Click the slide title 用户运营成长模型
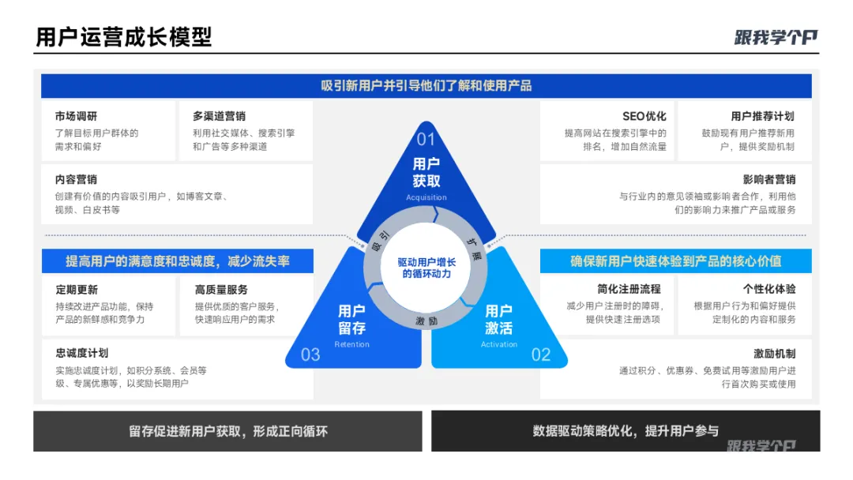coord(124,36)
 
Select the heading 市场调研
coord(77,116)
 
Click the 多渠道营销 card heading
coord(219,116)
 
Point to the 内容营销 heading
coord(77,179)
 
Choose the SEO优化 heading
coord(644,116)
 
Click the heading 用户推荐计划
coord(762,116)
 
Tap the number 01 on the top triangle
coord(426,140)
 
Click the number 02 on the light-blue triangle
coord(540,354)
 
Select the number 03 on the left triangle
coord(310,354)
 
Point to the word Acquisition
coord(426,197)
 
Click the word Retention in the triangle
coord(351,344)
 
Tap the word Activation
coord(499,344)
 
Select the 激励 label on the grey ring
coord(426,321)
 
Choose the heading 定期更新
coord(77,289)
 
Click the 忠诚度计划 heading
coord(82,353)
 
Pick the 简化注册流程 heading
coord(629,289)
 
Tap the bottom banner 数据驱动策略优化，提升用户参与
coord(626,430)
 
